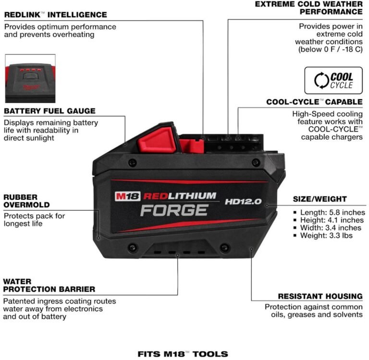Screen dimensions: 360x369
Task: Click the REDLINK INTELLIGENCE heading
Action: [55, 15]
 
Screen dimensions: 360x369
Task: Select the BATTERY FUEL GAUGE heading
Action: [49, 111]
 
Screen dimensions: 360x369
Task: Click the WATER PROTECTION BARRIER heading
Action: [49, 285]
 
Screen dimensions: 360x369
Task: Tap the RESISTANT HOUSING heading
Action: [320, 296]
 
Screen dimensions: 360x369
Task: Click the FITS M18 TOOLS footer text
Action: [183, 354]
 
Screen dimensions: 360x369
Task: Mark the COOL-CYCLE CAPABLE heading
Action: [314, 102]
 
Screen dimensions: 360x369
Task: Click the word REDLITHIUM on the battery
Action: [178, 196]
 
